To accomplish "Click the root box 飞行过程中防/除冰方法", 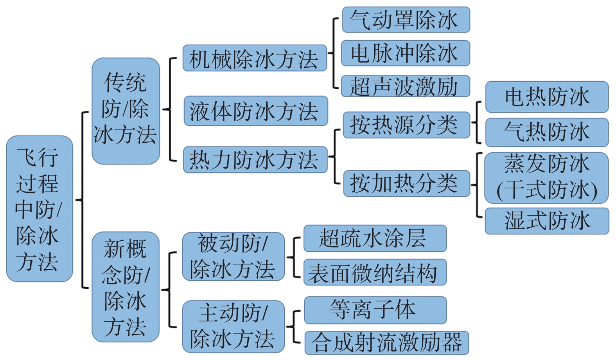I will coord(40,209).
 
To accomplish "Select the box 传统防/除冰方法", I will coord(126,111).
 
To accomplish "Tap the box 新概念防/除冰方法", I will coord(126,287).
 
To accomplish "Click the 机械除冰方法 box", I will coord(255,58).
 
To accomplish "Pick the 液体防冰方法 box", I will coord(255,111).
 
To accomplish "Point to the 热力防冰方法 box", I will coord(255,159).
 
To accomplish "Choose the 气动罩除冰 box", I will coord(406,20).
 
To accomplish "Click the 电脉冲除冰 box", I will coord(405,53).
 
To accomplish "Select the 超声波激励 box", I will coord(405,86).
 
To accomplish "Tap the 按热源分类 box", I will coord(406,125).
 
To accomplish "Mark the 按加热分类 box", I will coord(406,183).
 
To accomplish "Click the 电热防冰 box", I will coord(546,97).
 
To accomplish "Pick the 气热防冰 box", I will coord(546,132).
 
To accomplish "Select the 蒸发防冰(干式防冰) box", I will coord(546,177).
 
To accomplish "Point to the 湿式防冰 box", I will coord(546,221).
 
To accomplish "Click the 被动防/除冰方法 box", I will coord(233,256).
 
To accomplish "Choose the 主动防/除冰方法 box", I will coord(233,326).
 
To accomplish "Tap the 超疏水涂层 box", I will coord(375,238).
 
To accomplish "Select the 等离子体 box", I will coord(375,310).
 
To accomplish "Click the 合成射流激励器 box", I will coord(386,343).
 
